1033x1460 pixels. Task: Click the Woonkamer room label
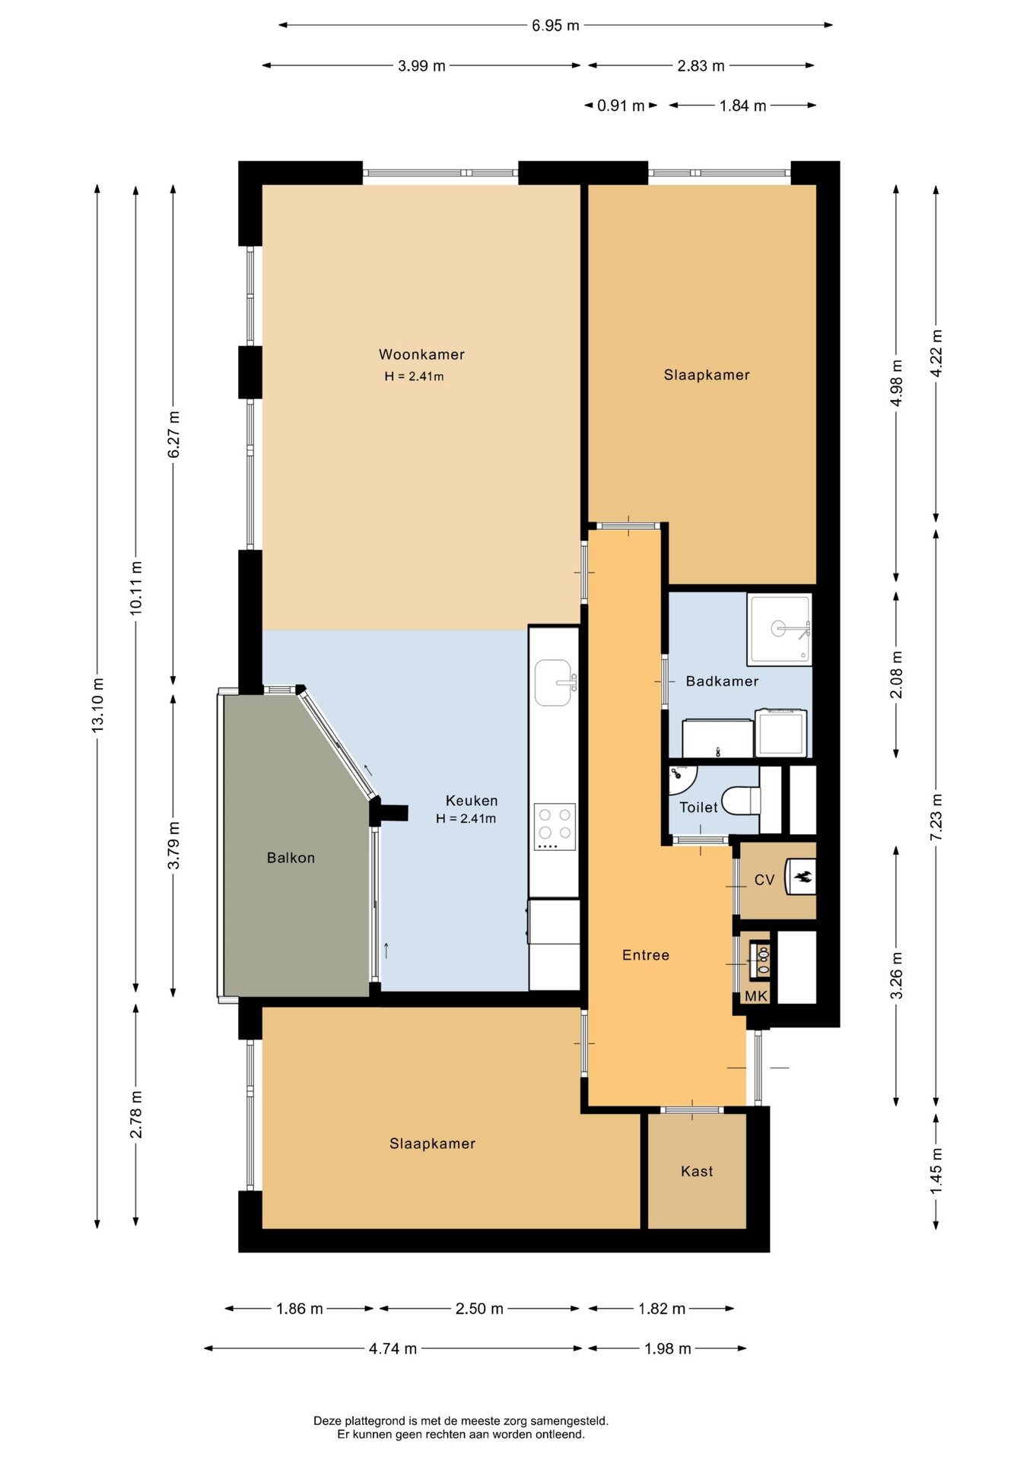(x=421, y=354)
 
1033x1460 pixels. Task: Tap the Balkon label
(x=291, y=858)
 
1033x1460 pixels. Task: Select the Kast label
(x=697, y=1171)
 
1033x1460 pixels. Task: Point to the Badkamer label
(x=722, y=681)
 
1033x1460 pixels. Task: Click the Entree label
(x=646, y=955)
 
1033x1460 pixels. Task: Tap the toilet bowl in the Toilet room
(x=740, y=800)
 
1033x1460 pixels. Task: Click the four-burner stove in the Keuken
(x=555, y=827)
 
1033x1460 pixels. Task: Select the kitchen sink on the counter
(x=554, y=682)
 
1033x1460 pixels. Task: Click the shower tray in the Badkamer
(x=779, y=630)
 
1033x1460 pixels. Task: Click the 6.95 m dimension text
(x=555, y=26)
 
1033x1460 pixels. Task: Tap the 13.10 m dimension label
(x=98, y=706)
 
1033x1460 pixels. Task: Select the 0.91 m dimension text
(x=621, y=106)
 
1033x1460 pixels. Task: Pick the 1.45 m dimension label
(x=936, y=1171)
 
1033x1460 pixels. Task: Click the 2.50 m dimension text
(x=479, y=1309)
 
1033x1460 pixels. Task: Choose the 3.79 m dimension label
(x=174, y=846)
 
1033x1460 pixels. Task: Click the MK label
(x=756, y=996)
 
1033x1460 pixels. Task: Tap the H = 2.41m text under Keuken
(x=466, y=819)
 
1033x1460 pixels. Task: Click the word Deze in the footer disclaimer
(x=327, y=1420)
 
